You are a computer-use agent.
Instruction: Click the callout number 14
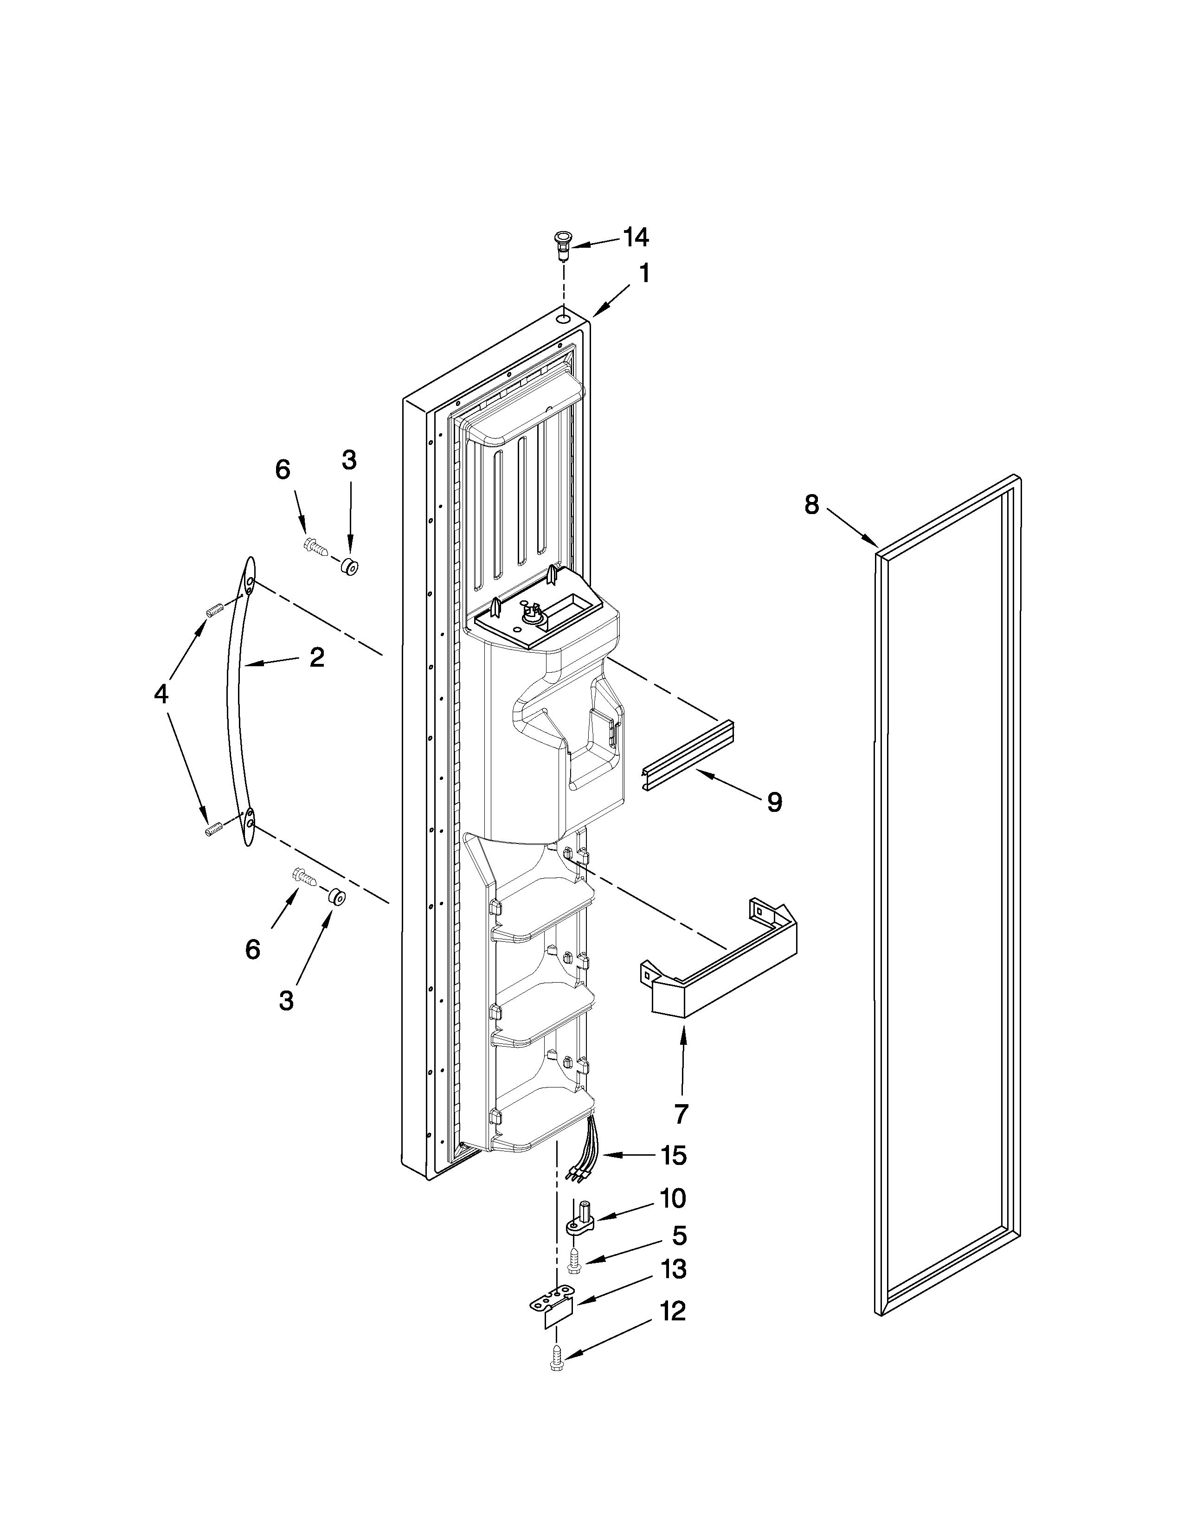(636, 238)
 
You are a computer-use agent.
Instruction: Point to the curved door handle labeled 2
(234, 701)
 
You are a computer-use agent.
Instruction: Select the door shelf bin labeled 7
(722, 957)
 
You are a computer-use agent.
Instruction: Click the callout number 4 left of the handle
(161, 694)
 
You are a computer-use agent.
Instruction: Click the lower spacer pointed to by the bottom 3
(336, 897)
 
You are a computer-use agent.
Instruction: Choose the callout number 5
(679, 1235)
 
